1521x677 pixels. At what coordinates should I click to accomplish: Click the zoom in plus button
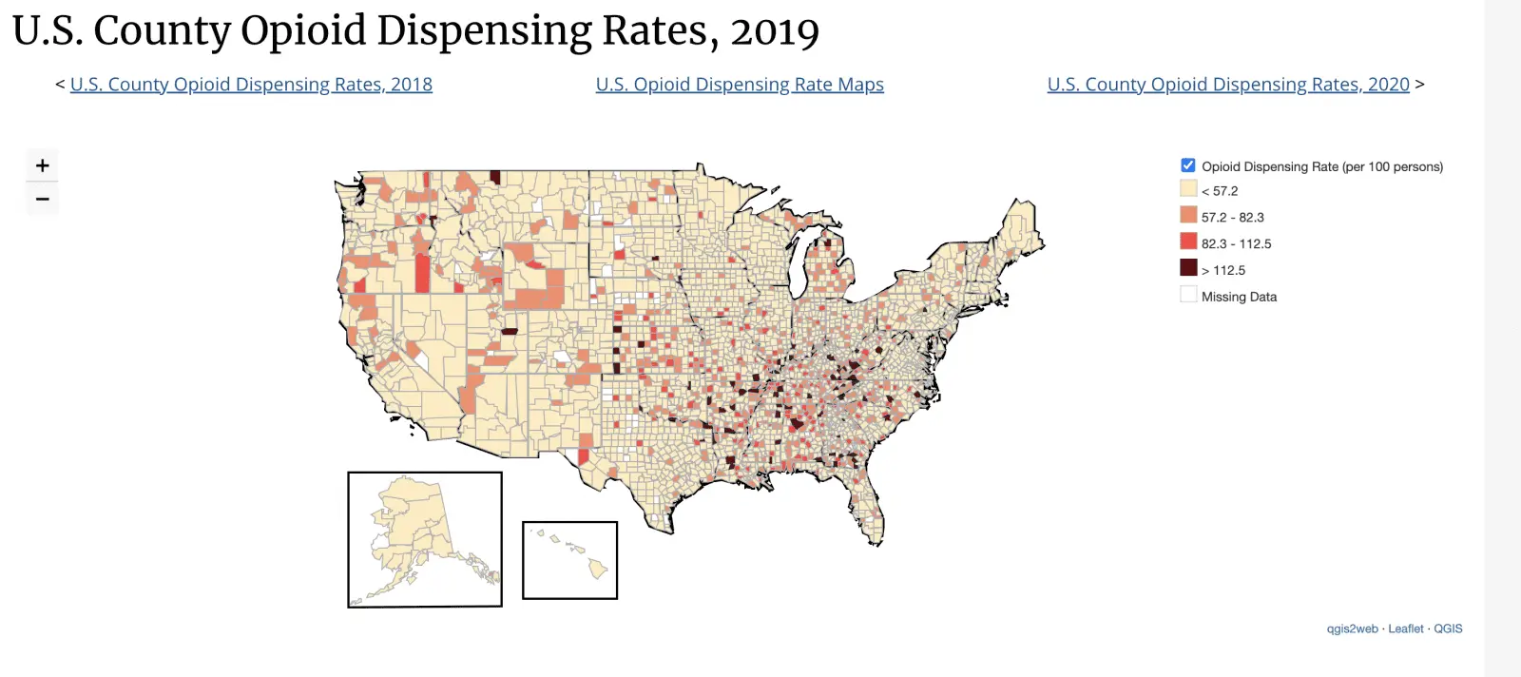click(x=42, y=165)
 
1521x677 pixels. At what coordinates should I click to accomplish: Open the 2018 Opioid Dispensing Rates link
click(x=251, y=85)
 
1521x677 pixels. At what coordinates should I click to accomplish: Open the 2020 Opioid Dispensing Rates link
click(x=1228, y=85)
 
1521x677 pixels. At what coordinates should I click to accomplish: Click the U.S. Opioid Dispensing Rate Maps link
click(x=740, y=85)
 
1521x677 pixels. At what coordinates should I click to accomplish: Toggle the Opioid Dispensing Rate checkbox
click(x=1188, y=165)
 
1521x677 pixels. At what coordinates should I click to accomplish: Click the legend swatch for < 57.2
click(x=1188, y=188)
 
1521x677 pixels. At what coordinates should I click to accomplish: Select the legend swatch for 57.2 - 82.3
click(x=1188, y=215)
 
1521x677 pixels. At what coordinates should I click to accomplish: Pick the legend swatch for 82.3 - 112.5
click(x=1188, y=242)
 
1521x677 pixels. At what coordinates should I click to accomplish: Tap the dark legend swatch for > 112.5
click(x=1188, y=268)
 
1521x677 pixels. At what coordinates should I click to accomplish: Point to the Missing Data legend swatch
click(x=1188, y=295)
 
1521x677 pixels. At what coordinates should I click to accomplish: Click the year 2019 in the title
click(x=775, y=31)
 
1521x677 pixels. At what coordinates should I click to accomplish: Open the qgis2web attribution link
click(x=1352, y=629)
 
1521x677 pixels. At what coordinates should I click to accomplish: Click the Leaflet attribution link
click(x=1405, y=629)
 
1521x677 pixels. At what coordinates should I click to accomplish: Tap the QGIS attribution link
click(x=1448, y=629)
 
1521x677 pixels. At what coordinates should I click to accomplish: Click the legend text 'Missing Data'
click(x=1239, y=297)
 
